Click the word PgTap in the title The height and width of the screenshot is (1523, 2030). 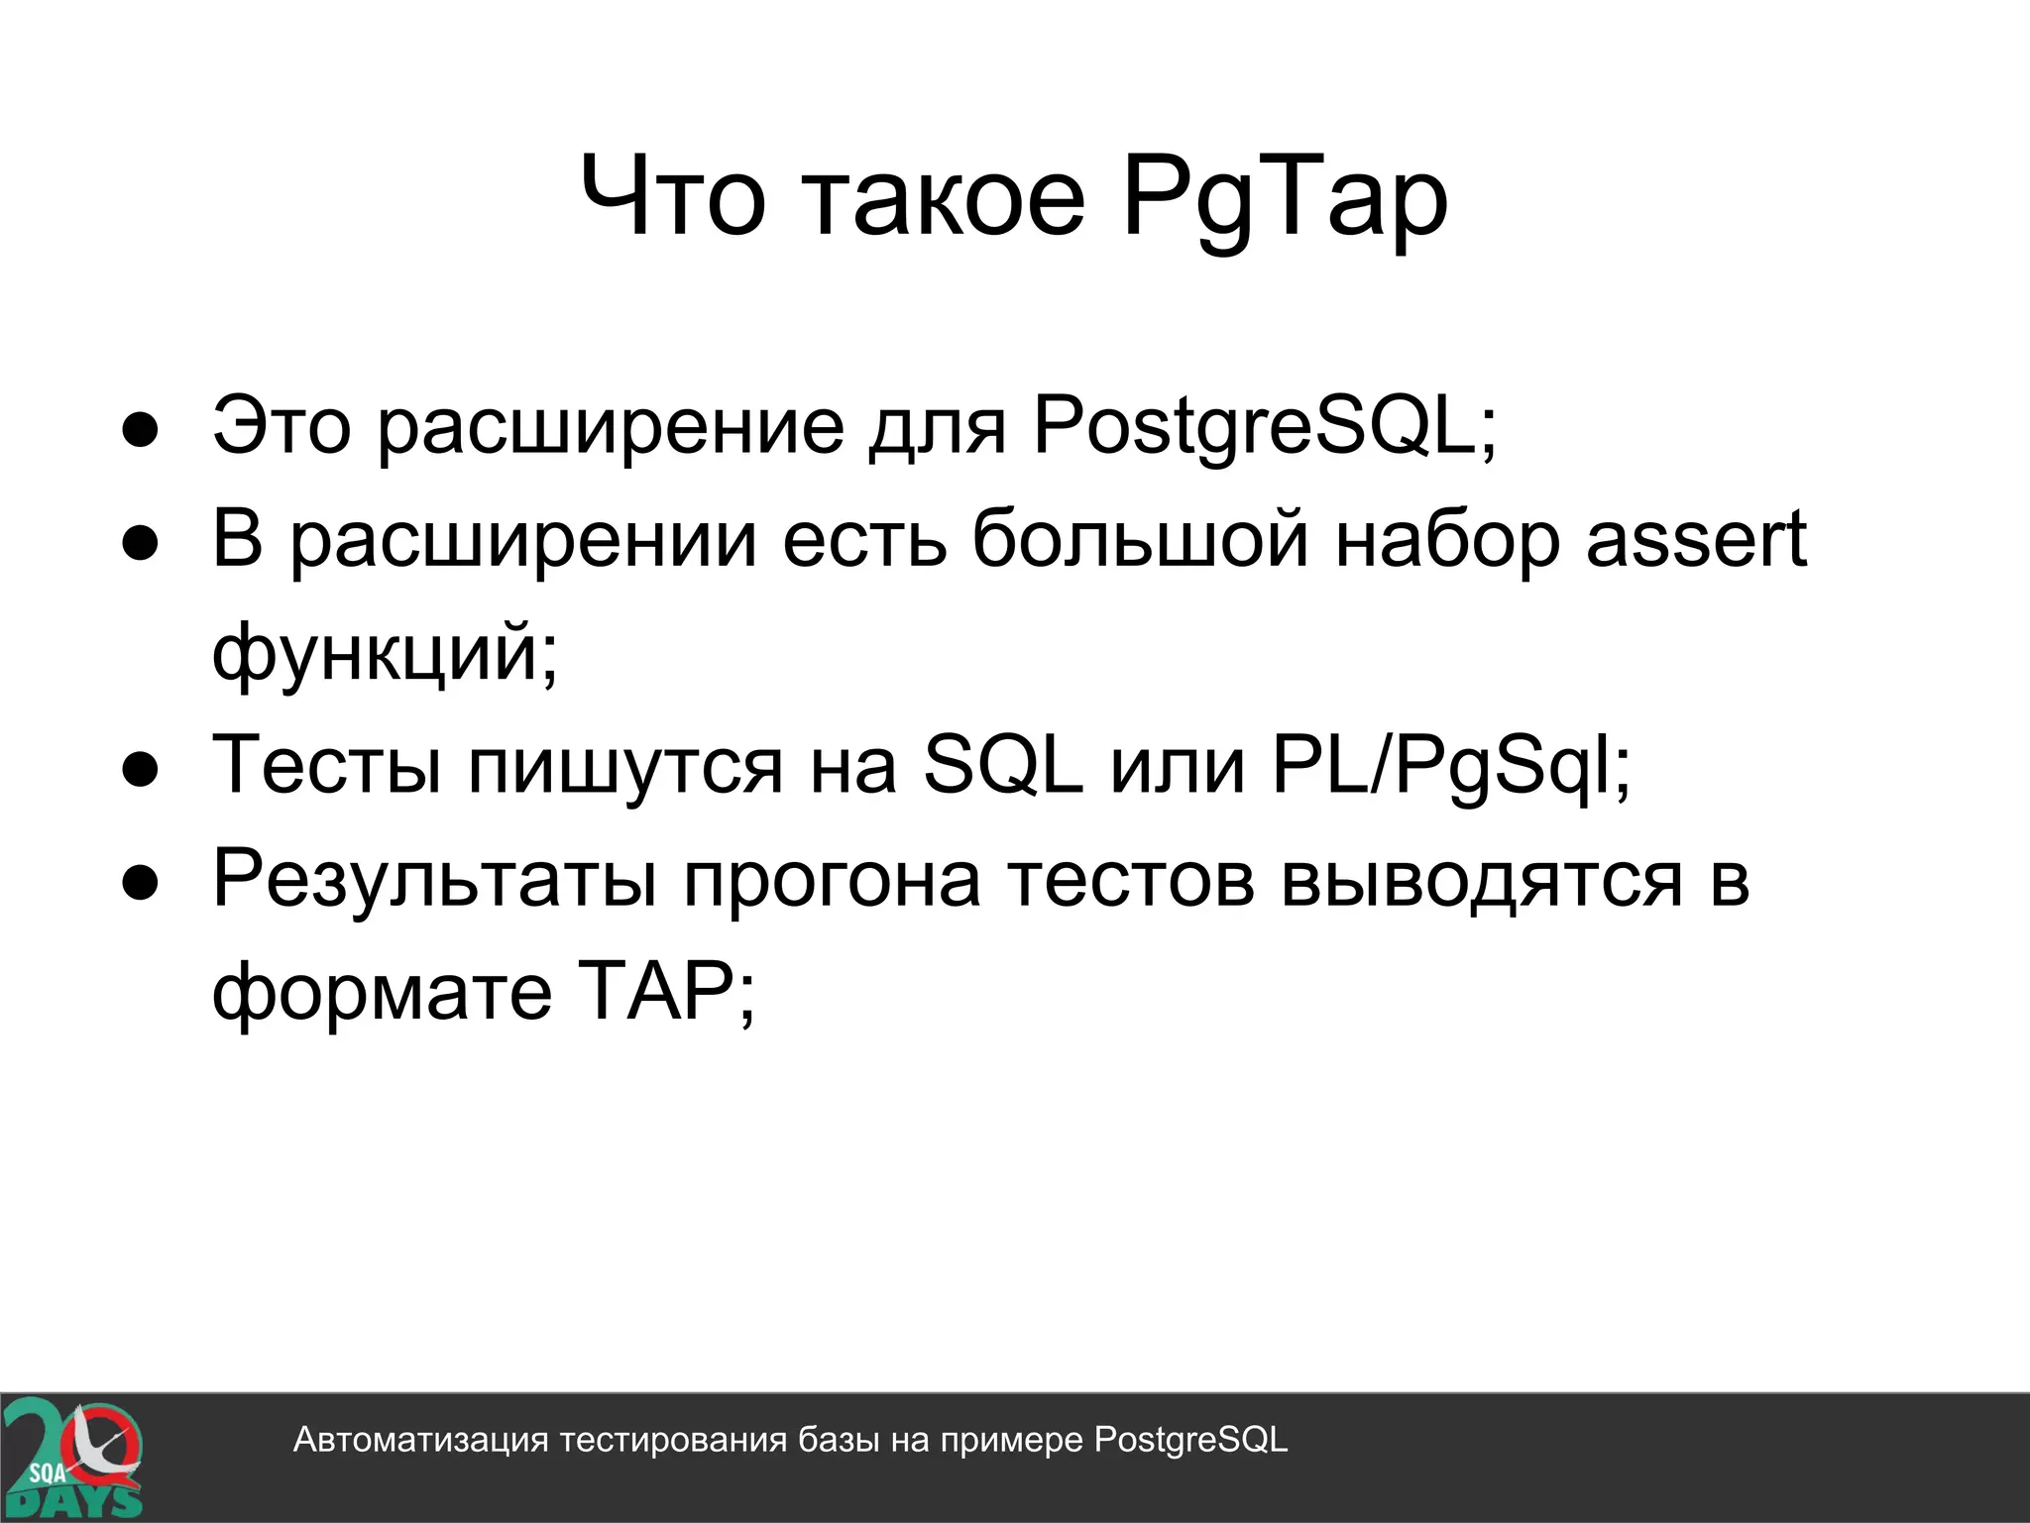tap(1285, 198)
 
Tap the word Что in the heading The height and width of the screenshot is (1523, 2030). tap(672, 198)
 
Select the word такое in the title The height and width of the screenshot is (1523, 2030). tap(946, 198)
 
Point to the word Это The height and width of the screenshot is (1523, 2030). tap(282, 426)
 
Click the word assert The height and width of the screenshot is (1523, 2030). tap(1696, 540)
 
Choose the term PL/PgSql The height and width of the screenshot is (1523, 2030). tap(1450, 765)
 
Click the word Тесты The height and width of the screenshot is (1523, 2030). tap(327, 765)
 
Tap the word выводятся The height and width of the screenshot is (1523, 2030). tap(1481, 878)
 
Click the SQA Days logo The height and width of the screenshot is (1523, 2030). tap(71, 1458)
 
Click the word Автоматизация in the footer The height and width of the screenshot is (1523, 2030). tap(420, 1440)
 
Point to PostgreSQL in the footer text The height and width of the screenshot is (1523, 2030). tap(1190, 1440)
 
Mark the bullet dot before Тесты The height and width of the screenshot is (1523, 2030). tap(141, 771)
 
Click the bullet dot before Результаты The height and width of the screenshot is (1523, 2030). tap(141, 884)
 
